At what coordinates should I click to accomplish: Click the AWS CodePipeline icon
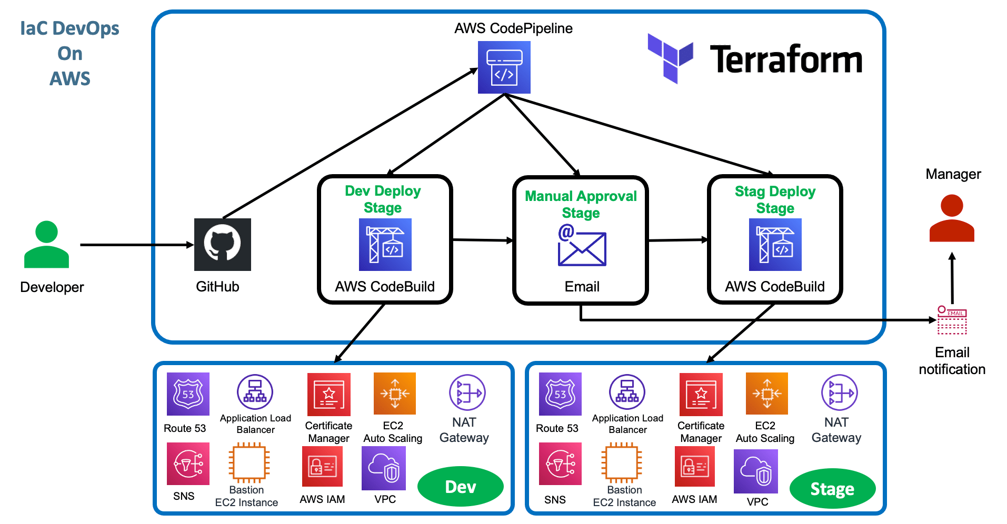click(x=504, y=67)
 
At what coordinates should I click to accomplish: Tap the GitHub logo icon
click(x=222, y=245)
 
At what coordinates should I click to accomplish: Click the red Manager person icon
click(x=951, y=218)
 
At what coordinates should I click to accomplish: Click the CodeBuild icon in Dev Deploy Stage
click(x=385, y=245)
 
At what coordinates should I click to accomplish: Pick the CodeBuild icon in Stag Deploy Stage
click(x=775, y=245)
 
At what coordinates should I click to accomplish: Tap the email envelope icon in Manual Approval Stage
click(x=582, y=246)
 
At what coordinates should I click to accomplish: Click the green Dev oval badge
click(x=460, y=487)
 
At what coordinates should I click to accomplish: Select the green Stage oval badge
click(x=832, y=489)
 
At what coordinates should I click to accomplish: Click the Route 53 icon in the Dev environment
click(x=188, y=394)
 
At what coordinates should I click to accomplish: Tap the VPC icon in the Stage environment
click(x=755, y=471)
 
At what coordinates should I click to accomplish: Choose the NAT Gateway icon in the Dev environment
click(x=467, y=392)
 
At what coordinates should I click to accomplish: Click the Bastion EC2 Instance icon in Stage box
click(x=622, y=463)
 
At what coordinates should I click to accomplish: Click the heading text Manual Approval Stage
click(x=581, y=204)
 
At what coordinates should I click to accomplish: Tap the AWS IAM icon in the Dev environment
click(x=322, y=466)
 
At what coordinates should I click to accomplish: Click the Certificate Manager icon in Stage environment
click(x=701, y=394)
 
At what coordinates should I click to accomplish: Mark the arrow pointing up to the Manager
click(x=952, y=279)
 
